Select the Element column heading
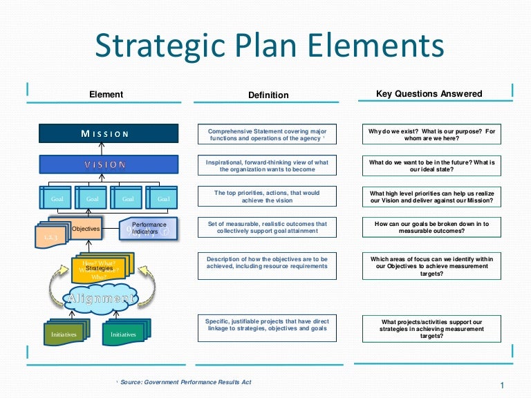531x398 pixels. pyautogui.click(x=106, y=94)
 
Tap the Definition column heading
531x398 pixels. pyautogui.click(x=268, y=95)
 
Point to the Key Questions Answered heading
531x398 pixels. pyautogui.click(x=429, y=93)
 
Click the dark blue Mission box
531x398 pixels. pyautogui.click(x=108, y=133)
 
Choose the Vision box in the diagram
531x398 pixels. pyautogui.click(x=108, y=164)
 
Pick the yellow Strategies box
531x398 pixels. pyautogui.click(x=100, y=269)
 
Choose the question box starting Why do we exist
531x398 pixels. pyautogui.click(x=431, y=134)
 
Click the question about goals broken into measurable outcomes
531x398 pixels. pyautogui.click(x=431, y=228)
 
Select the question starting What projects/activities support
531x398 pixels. pyautogui.click(x=431, y=329)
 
